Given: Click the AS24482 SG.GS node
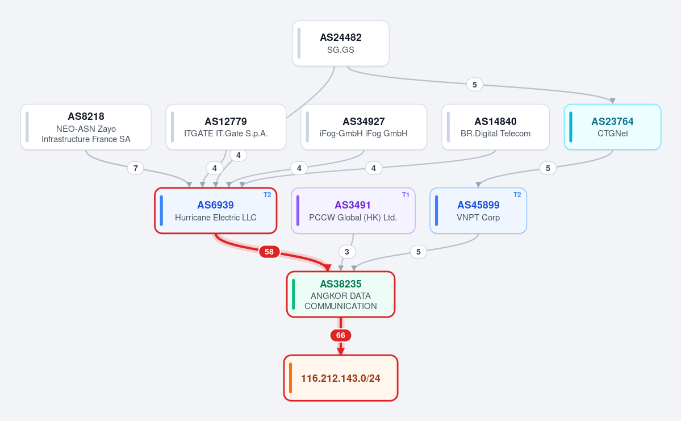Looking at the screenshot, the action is pyautogui.click(x=341, y=43).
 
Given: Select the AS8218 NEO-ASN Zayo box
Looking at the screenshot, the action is pyautogui.click(x=86, y=127).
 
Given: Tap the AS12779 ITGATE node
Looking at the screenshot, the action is pyautogui.click(x=226, y=127).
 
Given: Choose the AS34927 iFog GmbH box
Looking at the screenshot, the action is pyautogui.click(x=364, y=127).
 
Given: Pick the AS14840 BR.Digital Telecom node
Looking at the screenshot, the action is pyautogui.click(x=495, y=127).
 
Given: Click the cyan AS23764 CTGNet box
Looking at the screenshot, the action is pyautogui.click(x=612, y=127).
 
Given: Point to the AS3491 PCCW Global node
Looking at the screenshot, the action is pyautogui.click(x=353, y=211).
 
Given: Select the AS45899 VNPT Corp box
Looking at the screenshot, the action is pyautogui.click(x=478, y=211).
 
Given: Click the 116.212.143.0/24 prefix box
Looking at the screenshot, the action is pyautogui.click(x=341, y=378).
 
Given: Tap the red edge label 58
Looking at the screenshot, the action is pyautogui.click(x=269, y=252).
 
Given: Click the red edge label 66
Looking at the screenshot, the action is pyautogui.click(x=341, y=335).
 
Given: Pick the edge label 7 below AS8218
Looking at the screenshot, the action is pyautogui.click(x=136, y=168).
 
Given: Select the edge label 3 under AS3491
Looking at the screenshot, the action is pyautogui.click(x=346, y=252).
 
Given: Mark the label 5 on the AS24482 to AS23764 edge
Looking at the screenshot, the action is pyautogui.click(x=475, y=85).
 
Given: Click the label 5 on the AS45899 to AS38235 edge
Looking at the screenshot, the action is pyautogui.click(x=418, y=252).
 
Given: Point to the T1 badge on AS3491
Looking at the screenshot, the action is pyautogui.click(x=406, y=195).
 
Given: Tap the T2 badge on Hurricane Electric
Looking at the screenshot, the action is pyautogui.click(x=267, y=195).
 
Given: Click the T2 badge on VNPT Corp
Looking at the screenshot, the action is pyautogui.click(x=517, y=195).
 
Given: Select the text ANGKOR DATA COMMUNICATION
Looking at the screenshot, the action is pyautogui.click(x=341, y=301).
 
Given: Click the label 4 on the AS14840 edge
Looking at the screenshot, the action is pyautogui.click(x=374, y=168).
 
